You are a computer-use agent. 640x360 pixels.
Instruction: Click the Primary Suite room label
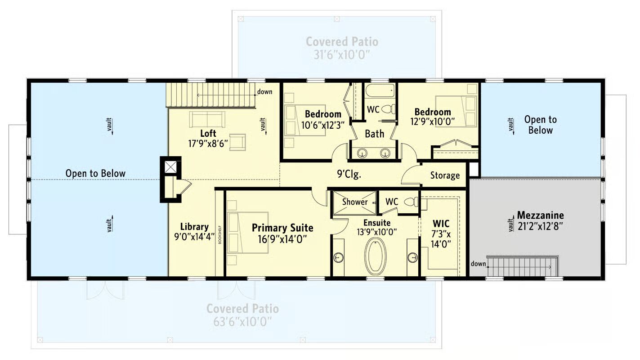282,228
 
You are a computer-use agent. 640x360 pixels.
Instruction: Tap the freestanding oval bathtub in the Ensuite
375,256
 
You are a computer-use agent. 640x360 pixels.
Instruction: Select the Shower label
355,202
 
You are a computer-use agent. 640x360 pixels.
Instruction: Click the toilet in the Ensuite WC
411,202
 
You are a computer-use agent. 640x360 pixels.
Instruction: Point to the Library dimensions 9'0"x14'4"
194,237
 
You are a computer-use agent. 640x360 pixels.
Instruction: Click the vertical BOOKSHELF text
220,235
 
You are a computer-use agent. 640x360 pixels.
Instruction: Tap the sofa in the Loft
207,119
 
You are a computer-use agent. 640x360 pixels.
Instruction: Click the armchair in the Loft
237,142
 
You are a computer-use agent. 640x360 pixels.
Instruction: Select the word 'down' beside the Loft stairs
264,92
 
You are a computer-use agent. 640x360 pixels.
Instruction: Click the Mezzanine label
540,215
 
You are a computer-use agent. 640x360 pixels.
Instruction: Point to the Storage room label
445,175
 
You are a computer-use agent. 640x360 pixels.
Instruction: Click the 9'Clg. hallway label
349,174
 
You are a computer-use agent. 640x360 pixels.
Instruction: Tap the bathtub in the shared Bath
380,90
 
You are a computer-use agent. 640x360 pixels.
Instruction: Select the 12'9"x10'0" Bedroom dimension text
433,122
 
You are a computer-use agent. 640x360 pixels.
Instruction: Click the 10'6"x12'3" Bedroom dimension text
322,125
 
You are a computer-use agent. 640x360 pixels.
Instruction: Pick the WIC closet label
441,224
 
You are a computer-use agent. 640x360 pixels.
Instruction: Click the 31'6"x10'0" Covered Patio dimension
342,55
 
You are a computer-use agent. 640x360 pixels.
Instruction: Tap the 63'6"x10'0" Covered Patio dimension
242,322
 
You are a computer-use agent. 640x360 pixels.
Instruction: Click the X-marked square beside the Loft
171,167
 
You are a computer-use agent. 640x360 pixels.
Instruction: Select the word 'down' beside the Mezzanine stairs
478,263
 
